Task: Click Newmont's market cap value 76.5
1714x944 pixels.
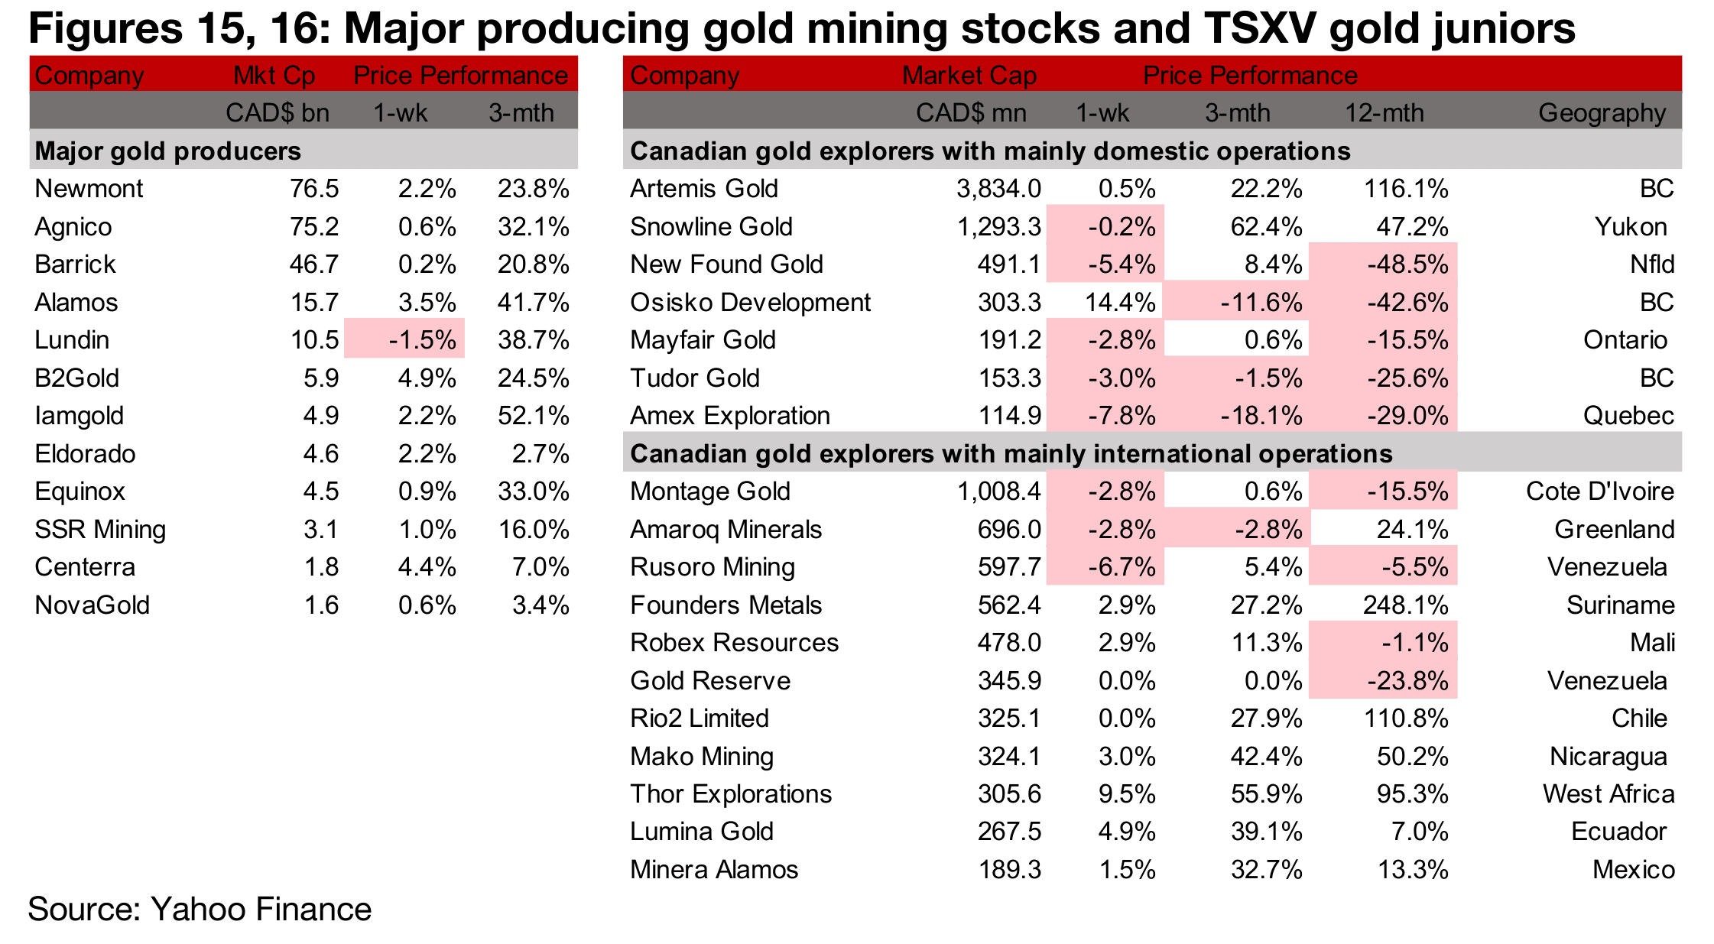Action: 313,189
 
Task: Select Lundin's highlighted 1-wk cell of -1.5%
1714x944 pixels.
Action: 422,340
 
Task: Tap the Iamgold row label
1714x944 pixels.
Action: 79,416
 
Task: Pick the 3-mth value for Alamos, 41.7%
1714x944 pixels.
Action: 533,303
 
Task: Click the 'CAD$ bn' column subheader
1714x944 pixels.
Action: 277,113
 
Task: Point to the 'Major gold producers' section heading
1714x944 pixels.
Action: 167,151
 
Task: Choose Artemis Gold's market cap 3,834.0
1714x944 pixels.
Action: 998,189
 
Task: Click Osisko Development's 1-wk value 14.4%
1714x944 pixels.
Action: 1120,303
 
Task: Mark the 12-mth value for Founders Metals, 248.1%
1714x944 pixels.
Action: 1405,605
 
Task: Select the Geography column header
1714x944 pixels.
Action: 1602,113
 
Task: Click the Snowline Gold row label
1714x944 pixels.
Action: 710,227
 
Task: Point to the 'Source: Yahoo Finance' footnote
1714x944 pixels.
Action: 200,909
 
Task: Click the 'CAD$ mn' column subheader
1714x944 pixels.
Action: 971,113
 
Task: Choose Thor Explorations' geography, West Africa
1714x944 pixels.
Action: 1608,794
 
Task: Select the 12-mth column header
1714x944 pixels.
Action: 1384,113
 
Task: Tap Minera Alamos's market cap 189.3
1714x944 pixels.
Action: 1009,870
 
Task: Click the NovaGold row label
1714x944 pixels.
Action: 92,605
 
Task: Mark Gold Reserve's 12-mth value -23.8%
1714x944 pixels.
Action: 1407,681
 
